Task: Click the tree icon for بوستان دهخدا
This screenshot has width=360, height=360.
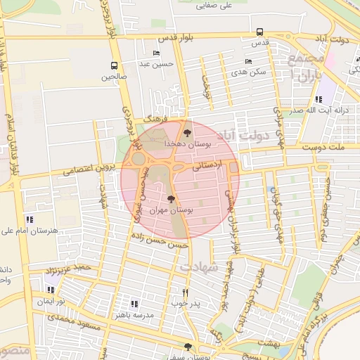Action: point(186,132)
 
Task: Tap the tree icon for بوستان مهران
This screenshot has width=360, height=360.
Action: point(172,199)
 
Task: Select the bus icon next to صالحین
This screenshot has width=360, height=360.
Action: point(113,66)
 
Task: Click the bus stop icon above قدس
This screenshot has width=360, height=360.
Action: point(260,32)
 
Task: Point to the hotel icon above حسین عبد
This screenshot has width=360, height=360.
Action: point(156,53)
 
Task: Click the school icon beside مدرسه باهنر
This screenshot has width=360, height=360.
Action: point(134,304)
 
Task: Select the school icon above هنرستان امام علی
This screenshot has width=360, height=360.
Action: point(29,219)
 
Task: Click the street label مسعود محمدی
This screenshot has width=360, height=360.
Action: point(70,319)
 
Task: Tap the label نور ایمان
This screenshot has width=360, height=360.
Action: point(51,300)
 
